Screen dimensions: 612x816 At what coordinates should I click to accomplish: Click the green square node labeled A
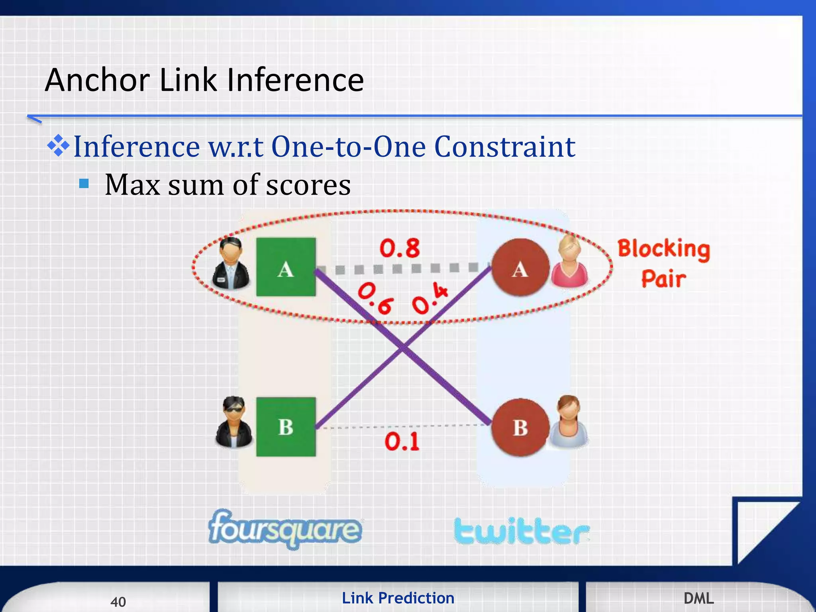pyautogui.click(x=286, y=267)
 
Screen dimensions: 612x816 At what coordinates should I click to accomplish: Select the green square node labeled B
pyautogui.click(x=286, y=427)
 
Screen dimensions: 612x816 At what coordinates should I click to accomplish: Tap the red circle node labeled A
pyautogui.click(x=520, y=267)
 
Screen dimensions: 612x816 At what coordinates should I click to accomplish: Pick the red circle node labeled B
pyautogui.click(x=520, y=428)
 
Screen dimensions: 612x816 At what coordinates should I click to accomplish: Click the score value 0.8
pyautogui.click(x=399, y=248)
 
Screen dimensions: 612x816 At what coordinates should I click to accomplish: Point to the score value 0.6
pyautogui.click(x=375, y=298)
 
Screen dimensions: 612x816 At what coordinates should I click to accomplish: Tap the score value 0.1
pyautogui.click(x=402, y=441)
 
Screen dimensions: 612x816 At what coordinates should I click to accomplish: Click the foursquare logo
pyautogui.click(x=285, y=529)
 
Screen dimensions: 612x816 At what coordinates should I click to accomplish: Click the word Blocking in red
pyautogui.click(x=663, y=249)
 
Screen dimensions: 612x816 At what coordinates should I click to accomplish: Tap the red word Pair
pyautogui.click(x=663, y=279)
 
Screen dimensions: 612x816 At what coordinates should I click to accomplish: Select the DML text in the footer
pyautogui.click(x=698, y=598)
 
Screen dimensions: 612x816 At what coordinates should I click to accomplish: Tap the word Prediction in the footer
pyautogui.click(x=416, y=598)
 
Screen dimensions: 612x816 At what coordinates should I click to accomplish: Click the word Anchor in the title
pyautogui.click(x=97, y=80)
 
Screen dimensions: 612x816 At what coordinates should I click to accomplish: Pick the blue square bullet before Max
pyautogui.click(x=84, y=183)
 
